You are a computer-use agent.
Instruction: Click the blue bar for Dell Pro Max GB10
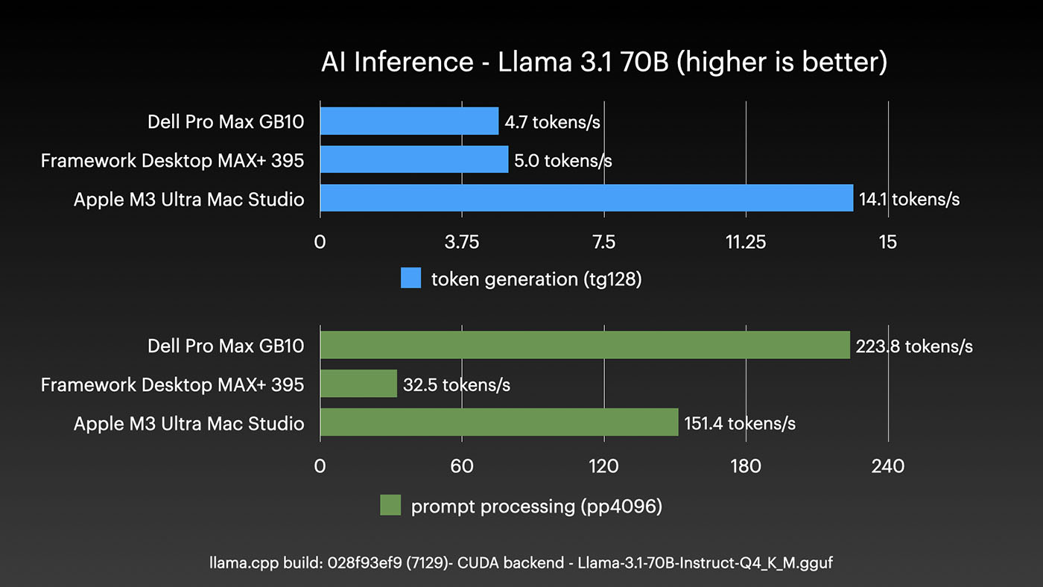coord(409,121)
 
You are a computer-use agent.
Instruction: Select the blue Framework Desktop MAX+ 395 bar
coord(414,159)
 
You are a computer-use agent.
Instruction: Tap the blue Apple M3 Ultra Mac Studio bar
coord(586,198)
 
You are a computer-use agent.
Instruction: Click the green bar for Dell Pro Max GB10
coord(585,345)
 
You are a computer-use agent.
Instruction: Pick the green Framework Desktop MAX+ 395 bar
coord(358,384)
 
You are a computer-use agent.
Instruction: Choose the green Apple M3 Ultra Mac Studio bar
coord(499,422)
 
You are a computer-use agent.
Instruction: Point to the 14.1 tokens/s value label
coord(909,199)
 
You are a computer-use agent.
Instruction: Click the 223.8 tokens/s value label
coord(915,346)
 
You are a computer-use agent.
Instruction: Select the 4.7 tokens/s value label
coord(552,121)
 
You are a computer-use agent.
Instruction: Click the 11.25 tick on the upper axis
coord(746,242)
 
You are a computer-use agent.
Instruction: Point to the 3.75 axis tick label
coord(462,242)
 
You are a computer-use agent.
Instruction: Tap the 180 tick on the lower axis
coord(746,466)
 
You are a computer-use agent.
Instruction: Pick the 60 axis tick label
coord(462,466)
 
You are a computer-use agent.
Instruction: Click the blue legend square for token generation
coord(411,278)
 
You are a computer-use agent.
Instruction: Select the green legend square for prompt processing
coord(390,505)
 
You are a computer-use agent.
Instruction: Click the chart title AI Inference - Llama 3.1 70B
coord(604,62)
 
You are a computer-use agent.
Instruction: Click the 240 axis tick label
coord(887,466)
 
